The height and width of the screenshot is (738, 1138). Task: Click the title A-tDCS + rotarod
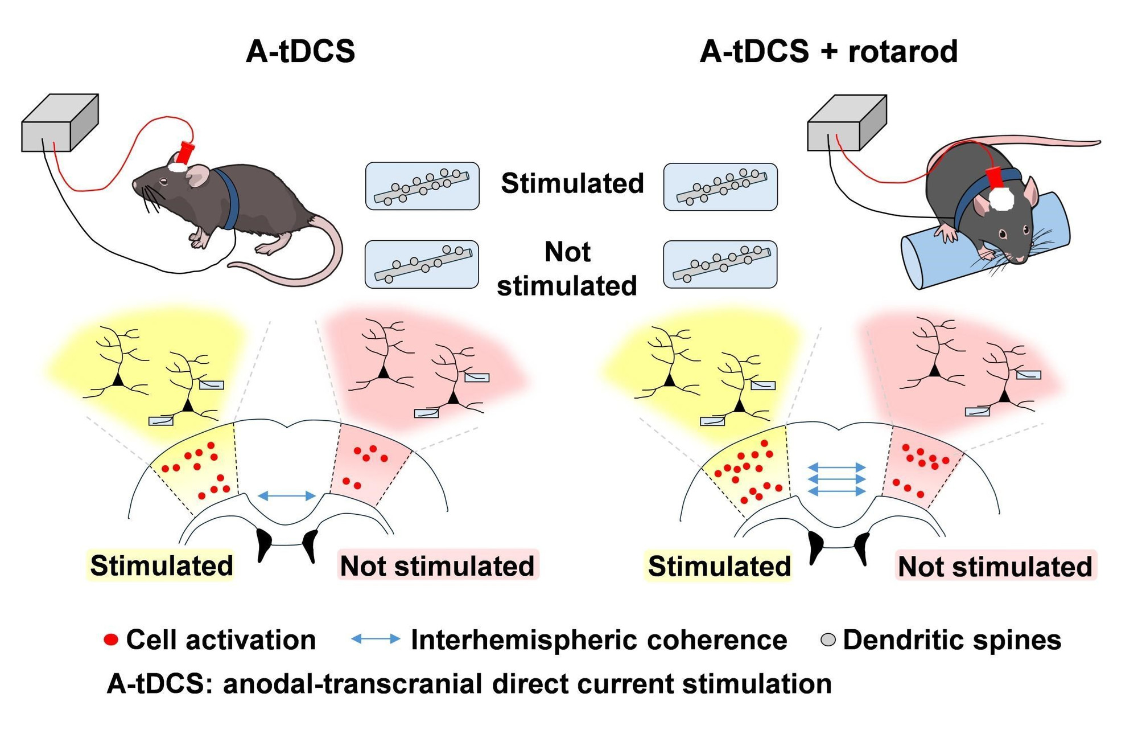click(828, 51)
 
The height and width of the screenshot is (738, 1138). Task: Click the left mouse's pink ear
click(197, 175)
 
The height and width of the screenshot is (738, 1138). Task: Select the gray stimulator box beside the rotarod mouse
click(846, 123)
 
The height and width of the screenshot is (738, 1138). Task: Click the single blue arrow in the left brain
click(287, 496)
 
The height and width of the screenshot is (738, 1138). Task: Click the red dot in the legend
click(111, 640)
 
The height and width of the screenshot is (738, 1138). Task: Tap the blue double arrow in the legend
click(376, 639)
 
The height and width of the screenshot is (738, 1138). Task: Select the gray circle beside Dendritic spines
click(828, 640)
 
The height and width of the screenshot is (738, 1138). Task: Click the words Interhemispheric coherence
click(599, 640)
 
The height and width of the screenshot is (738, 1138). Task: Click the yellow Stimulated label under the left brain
click(161, 565)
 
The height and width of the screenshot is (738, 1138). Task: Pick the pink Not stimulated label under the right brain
click(995, 567)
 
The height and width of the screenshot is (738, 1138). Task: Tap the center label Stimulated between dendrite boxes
click(572, 183)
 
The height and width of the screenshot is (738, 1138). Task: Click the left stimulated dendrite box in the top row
click(422, 186)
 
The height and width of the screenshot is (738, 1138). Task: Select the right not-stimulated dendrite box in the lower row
click(720, 264)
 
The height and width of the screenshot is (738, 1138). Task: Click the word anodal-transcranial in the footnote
click(352, 683)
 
